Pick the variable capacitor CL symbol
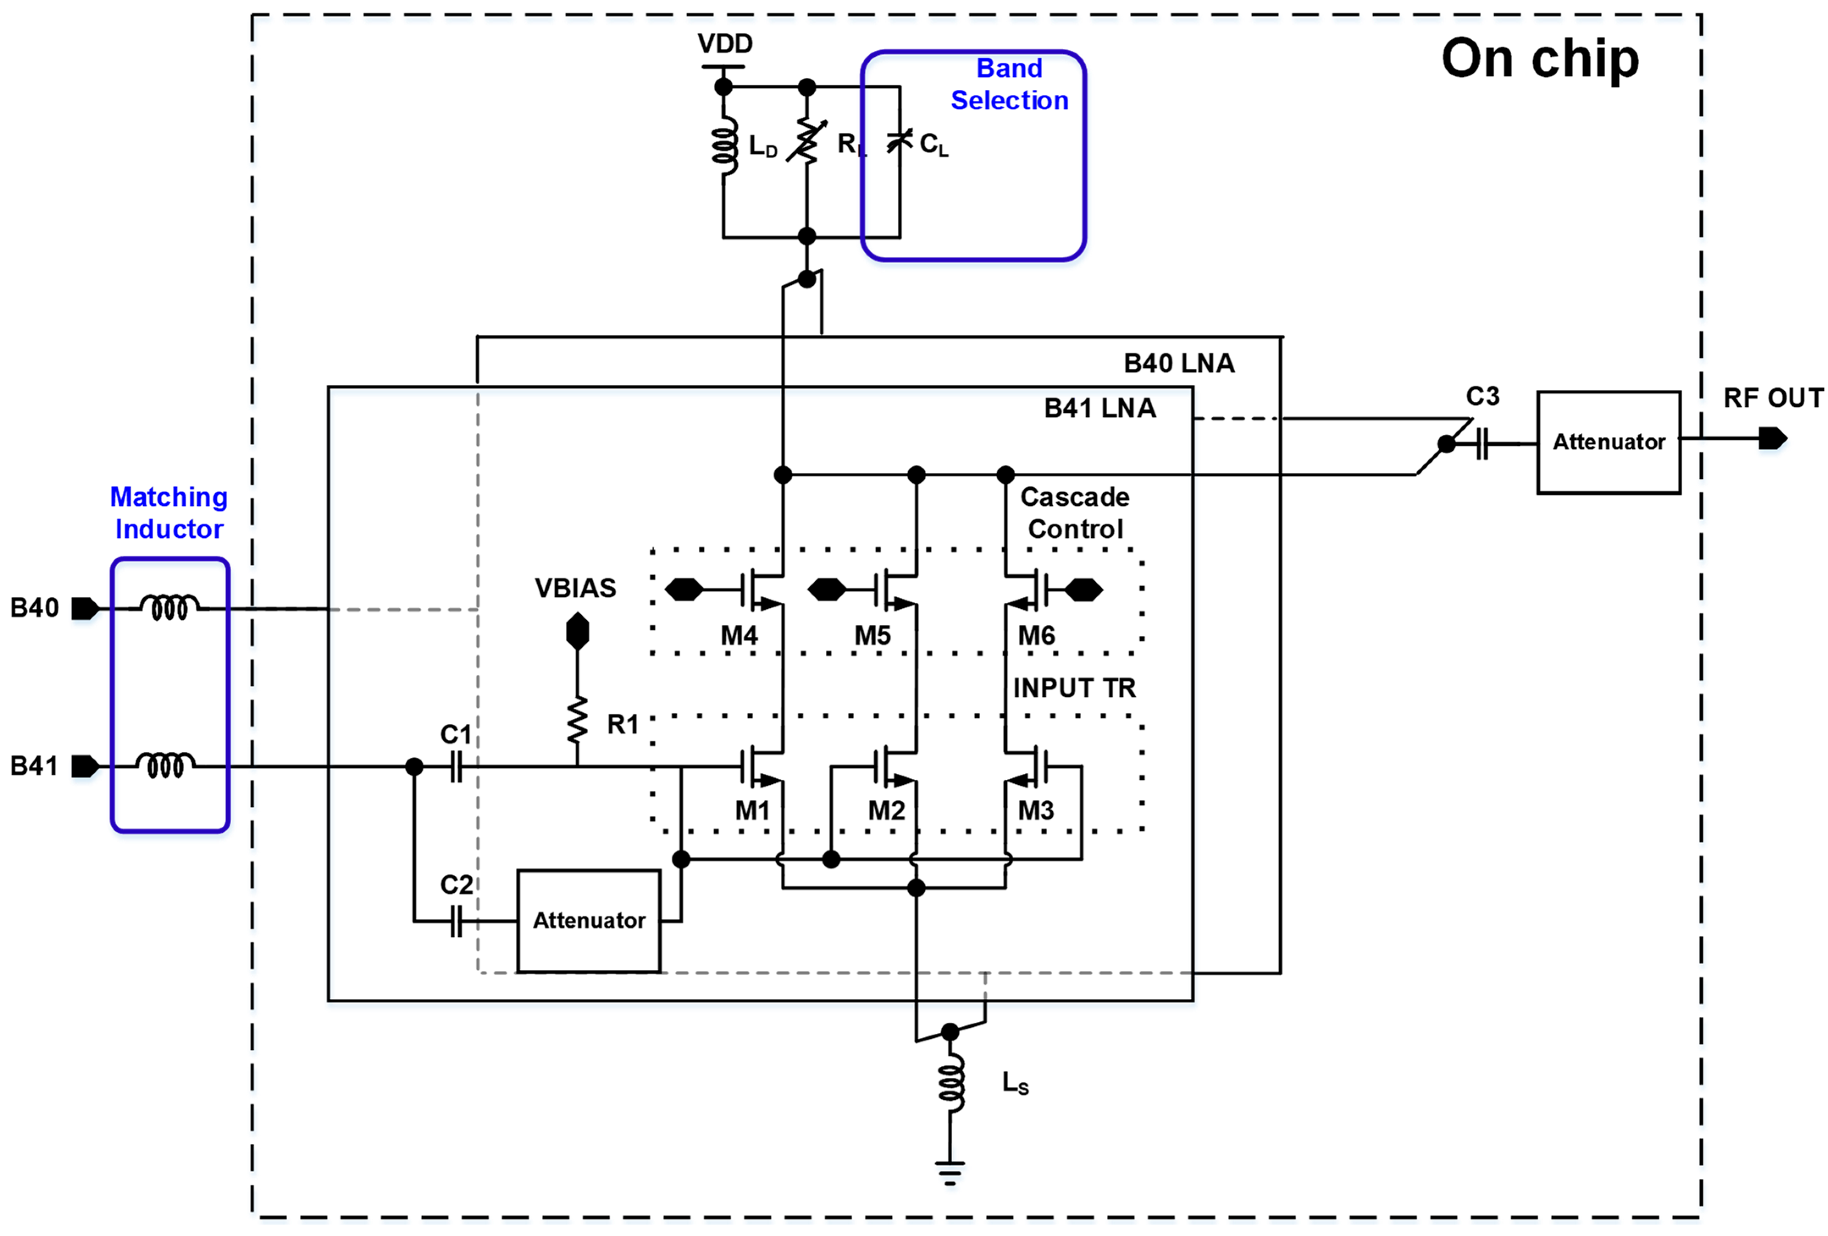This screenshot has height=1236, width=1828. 899,141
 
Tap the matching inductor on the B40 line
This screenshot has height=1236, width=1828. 169,607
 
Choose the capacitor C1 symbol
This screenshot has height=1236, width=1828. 456,767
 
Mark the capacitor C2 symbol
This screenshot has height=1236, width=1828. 456,921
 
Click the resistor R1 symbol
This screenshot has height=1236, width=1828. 577,720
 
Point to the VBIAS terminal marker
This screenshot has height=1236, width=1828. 577,632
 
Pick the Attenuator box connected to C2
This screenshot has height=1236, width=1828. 588,921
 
